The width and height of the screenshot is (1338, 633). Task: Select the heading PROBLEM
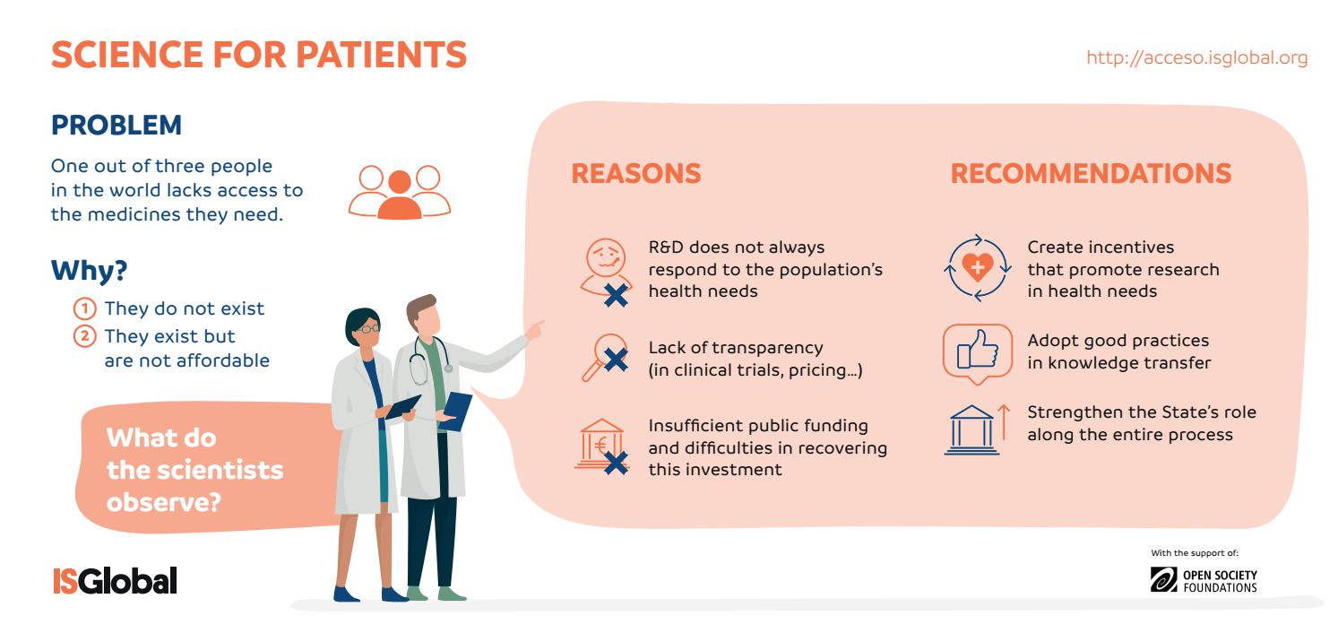click(x=117, y=126)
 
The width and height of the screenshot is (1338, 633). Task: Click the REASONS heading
click(x=636, y=174)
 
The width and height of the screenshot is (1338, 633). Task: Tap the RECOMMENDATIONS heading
click(x=1091, y=174)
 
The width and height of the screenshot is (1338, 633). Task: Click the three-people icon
click(x=400, y=192)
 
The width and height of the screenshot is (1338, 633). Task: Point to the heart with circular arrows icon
click(x=976, y=266)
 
